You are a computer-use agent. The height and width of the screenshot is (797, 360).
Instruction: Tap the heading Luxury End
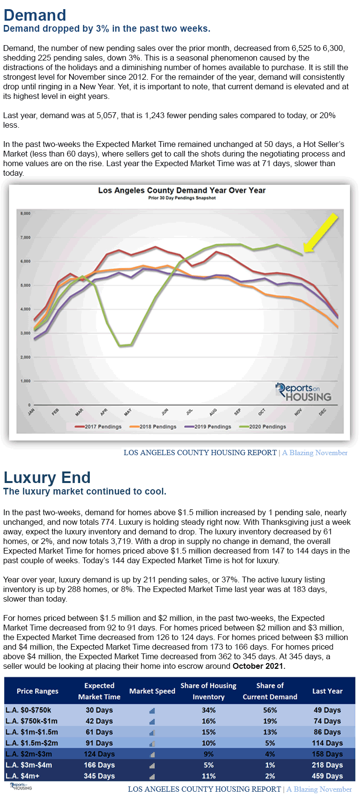coord(47,477)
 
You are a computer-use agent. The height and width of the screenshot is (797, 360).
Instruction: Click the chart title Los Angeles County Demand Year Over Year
coord(181,190)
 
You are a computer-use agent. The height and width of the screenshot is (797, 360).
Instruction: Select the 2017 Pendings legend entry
coord(98,426)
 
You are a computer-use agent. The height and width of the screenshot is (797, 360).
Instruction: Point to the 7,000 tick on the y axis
coord(25,237)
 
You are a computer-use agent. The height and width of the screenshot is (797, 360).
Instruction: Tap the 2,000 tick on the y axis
coord(25,357)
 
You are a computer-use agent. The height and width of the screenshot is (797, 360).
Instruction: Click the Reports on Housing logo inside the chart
coord(303,392)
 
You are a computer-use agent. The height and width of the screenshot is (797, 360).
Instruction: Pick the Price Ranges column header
coord(37,691)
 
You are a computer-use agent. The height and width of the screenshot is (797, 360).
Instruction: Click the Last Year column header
coord(327,691)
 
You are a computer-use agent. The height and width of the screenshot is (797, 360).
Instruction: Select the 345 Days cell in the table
coord(99,776)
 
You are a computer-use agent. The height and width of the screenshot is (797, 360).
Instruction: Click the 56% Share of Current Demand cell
coord(270,710)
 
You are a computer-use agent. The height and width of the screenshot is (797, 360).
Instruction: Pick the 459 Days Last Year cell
coord(327,776)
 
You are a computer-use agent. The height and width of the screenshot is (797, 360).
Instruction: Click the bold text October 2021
coord(259,666)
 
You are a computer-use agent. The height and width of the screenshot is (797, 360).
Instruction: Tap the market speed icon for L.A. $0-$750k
coord(152,711)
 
